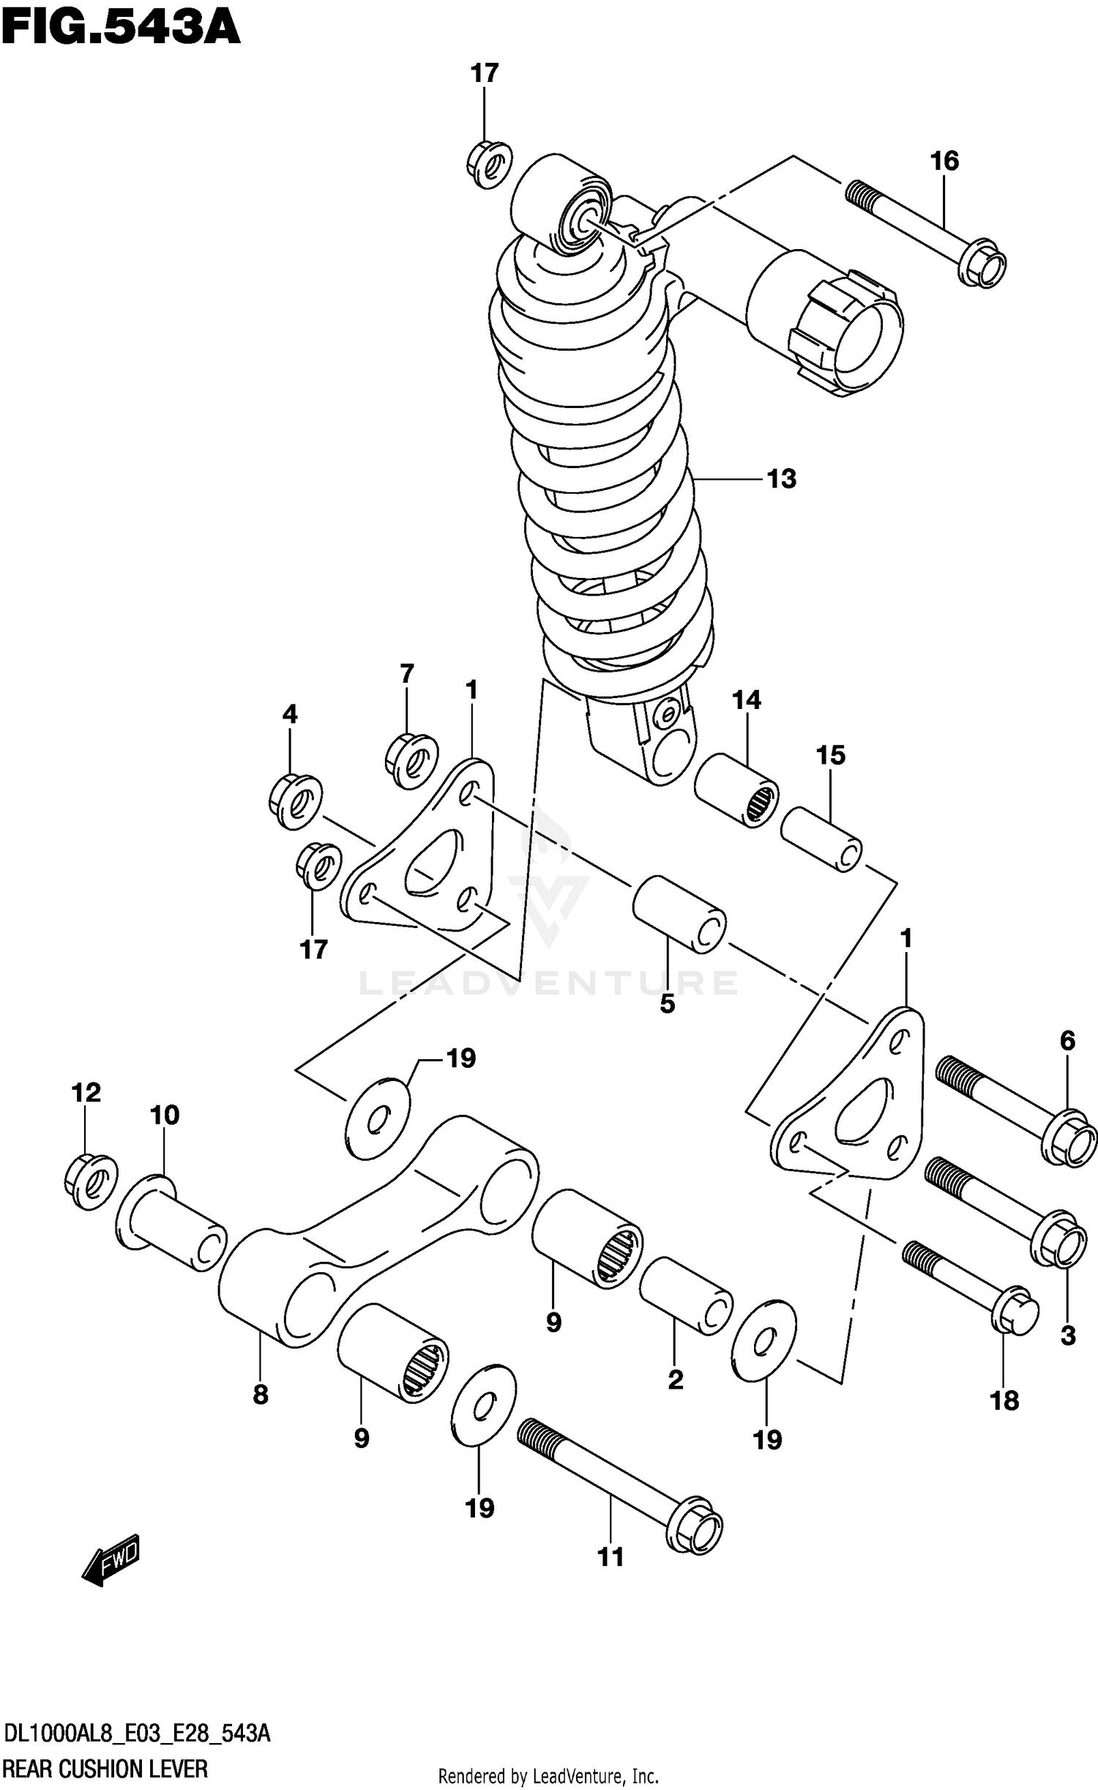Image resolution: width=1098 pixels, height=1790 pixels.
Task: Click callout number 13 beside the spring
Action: point(781,479)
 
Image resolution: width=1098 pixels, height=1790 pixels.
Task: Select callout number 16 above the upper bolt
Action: point(944,160)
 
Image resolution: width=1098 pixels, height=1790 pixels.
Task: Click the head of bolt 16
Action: point(984,263)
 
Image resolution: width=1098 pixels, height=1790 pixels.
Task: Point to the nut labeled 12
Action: point(91,1180)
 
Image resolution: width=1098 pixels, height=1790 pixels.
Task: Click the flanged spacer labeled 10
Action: point(171,1223)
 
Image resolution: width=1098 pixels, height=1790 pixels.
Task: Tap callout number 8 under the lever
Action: point(261,1395)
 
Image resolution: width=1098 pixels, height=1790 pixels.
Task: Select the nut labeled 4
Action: point(295,801)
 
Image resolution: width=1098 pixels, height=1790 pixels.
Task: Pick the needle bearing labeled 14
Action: point(736,790)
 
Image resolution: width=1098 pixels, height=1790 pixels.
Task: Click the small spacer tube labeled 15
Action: point(821,839)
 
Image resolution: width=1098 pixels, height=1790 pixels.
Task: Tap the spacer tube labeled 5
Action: point(679,914)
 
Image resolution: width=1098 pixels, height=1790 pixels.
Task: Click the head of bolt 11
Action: point(695,1525)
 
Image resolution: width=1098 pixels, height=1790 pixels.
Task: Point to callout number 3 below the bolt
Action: point(1067,1335)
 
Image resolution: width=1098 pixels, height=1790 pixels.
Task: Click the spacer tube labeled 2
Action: point(686,1296)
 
